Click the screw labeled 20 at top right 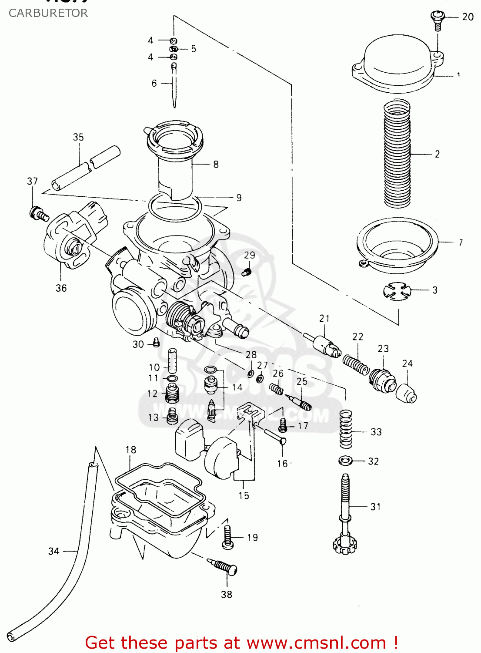[437, 19]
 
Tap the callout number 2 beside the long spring [437, 154]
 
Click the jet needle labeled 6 [174, 85]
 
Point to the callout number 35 [78, 137]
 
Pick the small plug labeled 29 [246, 273]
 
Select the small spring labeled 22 [356, 364]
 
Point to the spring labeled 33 [346, 429]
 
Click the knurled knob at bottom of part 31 [344, 544]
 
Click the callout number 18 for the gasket [131, 450]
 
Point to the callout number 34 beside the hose [53, 551]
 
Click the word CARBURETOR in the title [48, 13]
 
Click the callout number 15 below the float [244, 495]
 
